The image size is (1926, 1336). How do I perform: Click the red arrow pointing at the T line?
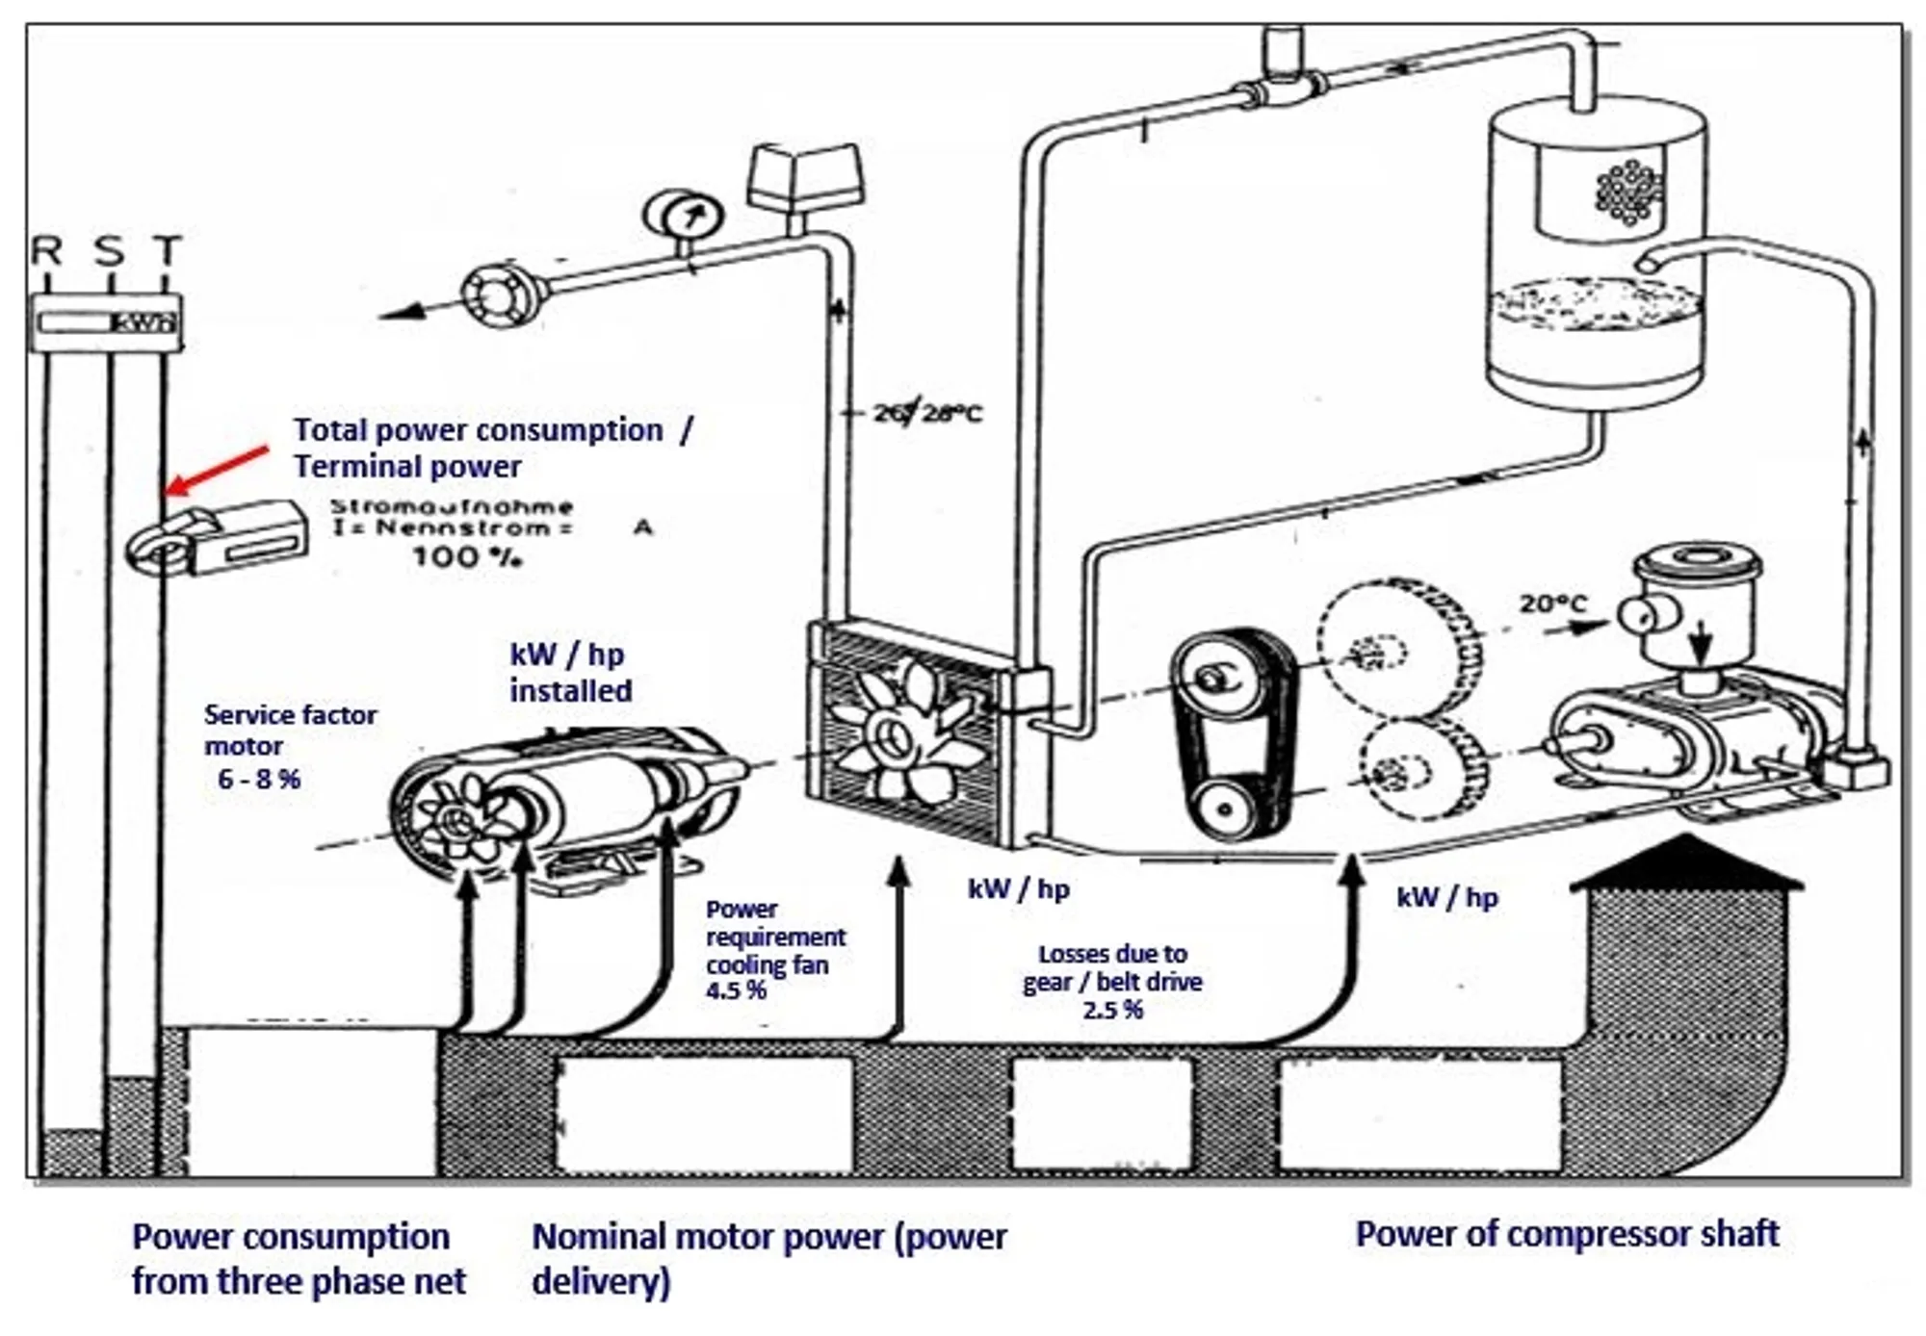217,469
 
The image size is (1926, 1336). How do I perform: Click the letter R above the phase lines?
46,251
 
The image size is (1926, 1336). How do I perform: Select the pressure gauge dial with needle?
683,218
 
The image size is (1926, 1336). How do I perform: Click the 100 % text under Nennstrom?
467,556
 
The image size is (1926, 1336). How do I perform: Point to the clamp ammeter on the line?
217,539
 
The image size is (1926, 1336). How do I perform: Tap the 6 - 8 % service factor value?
259,779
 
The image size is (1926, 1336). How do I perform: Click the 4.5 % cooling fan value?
736,990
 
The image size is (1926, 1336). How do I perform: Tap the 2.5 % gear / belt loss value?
1112,1010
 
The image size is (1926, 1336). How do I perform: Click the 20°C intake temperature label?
1552,604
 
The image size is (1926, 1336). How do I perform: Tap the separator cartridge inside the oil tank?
1627,193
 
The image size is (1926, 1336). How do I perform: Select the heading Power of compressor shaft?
1567,1234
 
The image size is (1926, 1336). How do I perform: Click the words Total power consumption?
479,430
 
